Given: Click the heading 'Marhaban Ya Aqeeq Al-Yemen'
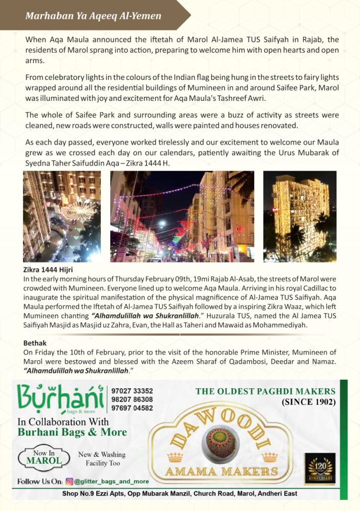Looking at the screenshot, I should coord(93,16).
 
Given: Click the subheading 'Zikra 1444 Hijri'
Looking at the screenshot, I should coord(48,270).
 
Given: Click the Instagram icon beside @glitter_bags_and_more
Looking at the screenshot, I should coord(70,482).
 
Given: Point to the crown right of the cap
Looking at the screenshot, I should coord(269,457).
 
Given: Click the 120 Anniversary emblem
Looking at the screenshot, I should coord(320,468).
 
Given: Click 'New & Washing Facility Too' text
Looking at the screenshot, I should coord(102,459).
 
